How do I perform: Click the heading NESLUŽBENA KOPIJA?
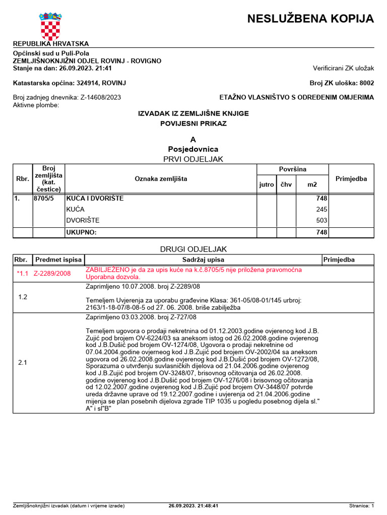pos(310,19)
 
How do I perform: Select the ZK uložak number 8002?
pos(366,83)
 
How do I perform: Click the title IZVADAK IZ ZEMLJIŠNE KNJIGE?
pos(193,114)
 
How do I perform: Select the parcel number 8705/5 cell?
pos(44,199)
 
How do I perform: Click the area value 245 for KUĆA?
pos(321,209)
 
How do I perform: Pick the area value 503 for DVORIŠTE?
pos(321,220)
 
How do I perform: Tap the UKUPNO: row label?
pos(81,232)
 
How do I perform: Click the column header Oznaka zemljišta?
pos(161,179)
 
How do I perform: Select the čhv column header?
pos(286,185)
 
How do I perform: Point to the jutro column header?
pos(267,185)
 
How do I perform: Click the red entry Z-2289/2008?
pos(52,274)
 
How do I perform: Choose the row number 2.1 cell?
pos(23,363)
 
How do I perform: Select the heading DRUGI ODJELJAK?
pos(193,249)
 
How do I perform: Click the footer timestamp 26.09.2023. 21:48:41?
pos(193,506)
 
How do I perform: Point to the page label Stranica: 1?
pos(361,506)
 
